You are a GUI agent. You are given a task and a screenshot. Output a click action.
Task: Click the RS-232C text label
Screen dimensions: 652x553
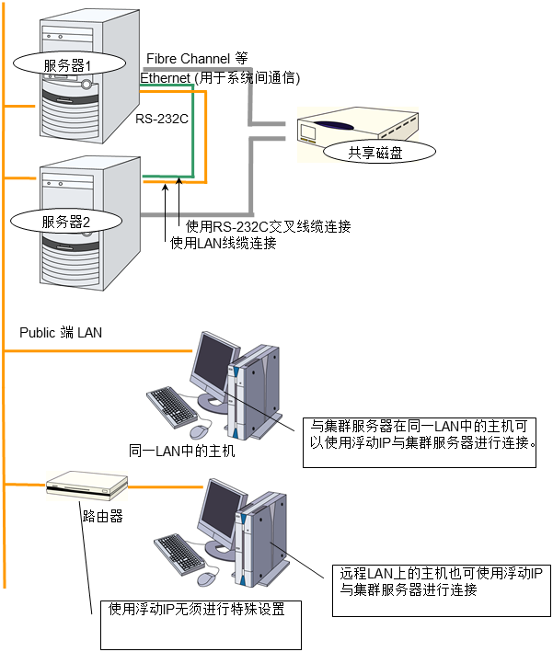pos(162,118)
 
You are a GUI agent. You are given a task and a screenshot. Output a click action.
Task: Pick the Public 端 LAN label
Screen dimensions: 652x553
pos(61,332)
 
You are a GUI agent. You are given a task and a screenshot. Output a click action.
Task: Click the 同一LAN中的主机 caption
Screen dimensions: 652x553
pos(183,452)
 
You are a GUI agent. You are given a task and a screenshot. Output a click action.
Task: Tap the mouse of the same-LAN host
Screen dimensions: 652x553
pos(200,430)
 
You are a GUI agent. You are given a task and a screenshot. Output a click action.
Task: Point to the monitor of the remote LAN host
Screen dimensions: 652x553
pos(224,511)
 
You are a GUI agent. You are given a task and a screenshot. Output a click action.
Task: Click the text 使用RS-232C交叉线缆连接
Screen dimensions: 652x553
pos(268,226)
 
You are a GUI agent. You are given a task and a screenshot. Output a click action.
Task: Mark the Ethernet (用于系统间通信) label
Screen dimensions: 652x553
pos(220,79)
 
